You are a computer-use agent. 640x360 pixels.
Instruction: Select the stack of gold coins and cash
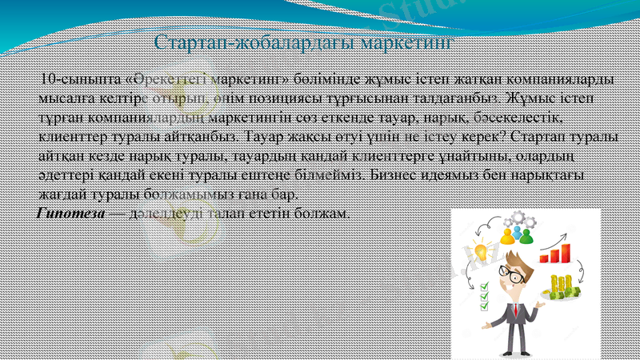(562, 285)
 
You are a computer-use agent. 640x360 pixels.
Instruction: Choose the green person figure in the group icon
(526, 234)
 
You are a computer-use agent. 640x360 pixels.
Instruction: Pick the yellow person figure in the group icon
(507, 235)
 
